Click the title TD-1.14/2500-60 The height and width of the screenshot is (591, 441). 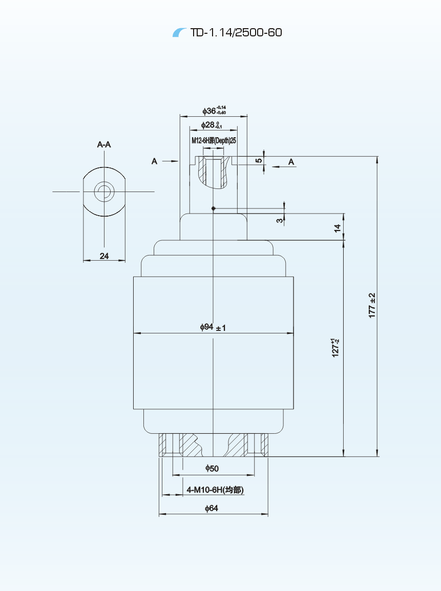click(x=236, y=33)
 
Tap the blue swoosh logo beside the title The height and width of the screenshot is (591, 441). click(x=180, y=33)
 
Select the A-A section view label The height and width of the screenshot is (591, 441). click(x=104, y=145)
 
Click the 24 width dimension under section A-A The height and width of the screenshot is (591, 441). click(x=104, y=256)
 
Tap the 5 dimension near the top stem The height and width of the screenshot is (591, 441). click(x=259, y=160)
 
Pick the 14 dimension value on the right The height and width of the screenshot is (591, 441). click(x=337, y=228)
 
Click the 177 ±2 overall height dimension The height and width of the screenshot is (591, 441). click(x=372, y=305)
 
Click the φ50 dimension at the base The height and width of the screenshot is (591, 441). click(x=212, y=468)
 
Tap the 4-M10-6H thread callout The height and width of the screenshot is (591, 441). click(x=215, y=490)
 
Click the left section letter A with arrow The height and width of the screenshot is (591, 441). click(x=154, y=161)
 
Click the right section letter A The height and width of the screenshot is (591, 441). click(x=291, y=162)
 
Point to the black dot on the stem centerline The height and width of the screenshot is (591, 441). click(x=214, y=208)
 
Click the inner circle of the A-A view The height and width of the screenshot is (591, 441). click(x=104, y=192)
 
